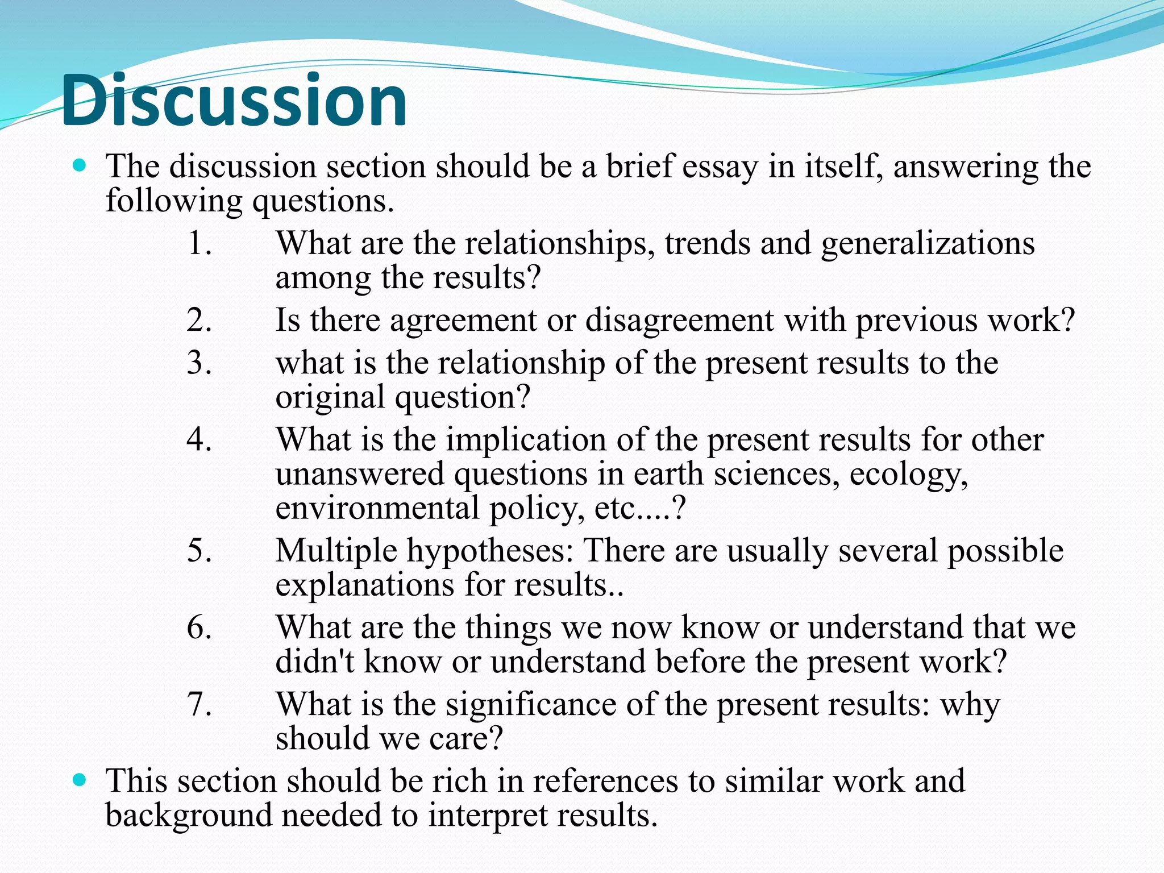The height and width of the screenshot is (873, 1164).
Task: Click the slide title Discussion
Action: tap(234, 101)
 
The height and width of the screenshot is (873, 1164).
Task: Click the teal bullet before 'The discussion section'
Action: tap(80, 166)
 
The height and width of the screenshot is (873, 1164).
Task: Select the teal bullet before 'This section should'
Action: tap(80, 780)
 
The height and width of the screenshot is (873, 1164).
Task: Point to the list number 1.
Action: tap(199, 243)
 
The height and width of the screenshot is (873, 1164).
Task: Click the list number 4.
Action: tap(199, 439)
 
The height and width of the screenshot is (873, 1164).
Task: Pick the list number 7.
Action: tap(199, 704)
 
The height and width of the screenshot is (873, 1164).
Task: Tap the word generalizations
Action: tap(928, 244)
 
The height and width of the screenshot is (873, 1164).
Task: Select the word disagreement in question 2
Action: tap(679, 321)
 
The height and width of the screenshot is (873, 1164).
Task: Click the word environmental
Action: tap(377, 508)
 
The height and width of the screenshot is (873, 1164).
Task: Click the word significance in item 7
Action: tap(531, 705)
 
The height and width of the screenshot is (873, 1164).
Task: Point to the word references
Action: tap(605, 781)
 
